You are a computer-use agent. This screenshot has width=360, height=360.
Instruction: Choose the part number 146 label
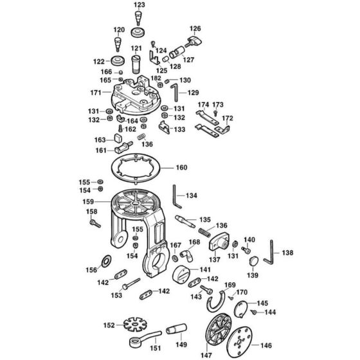[265, 346]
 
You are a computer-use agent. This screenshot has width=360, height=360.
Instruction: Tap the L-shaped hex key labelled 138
[271, 254]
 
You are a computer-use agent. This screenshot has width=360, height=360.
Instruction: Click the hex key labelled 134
[175, 195]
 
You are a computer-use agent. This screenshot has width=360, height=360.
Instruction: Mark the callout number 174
[203, 104]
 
